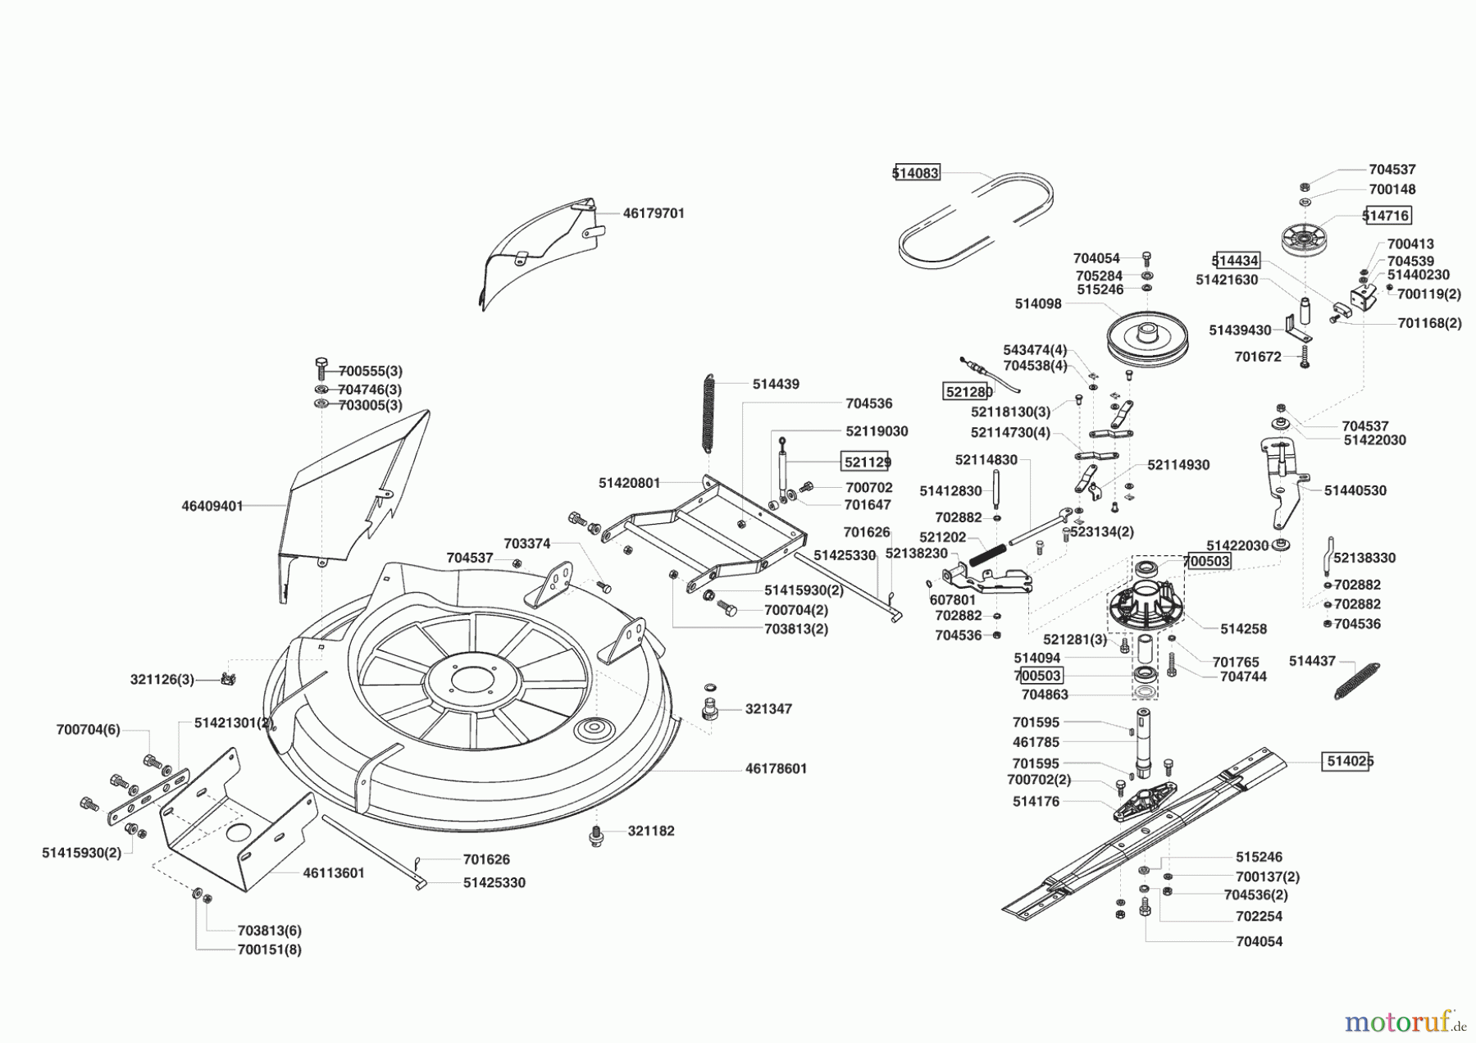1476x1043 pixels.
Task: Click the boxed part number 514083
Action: [916, 173]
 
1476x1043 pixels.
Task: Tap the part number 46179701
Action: [654, 213]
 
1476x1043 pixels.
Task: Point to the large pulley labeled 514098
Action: [1147, 339]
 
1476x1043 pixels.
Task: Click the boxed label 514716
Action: [1387, 216]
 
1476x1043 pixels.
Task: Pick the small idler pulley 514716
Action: [1304, 239]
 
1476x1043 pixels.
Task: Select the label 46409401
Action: [212, 507]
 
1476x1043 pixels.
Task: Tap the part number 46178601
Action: [777, 769]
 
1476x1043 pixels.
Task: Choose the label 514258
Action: [1243, 629]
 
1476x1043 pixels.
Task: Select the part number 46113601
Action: [334, 873]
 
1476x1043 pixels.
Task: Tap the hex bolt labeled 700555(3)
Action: [321, 369]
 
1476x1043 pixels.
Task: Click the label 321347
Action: [768, 709]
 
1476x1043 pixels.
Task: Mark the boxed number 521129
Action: [867, 462]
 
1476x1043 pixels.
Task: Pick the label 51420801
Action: [629, 484]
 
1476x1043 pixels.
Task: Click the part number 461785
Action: [1036, 742]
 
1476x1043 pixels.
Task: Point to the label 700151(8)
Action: [269, 950]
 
